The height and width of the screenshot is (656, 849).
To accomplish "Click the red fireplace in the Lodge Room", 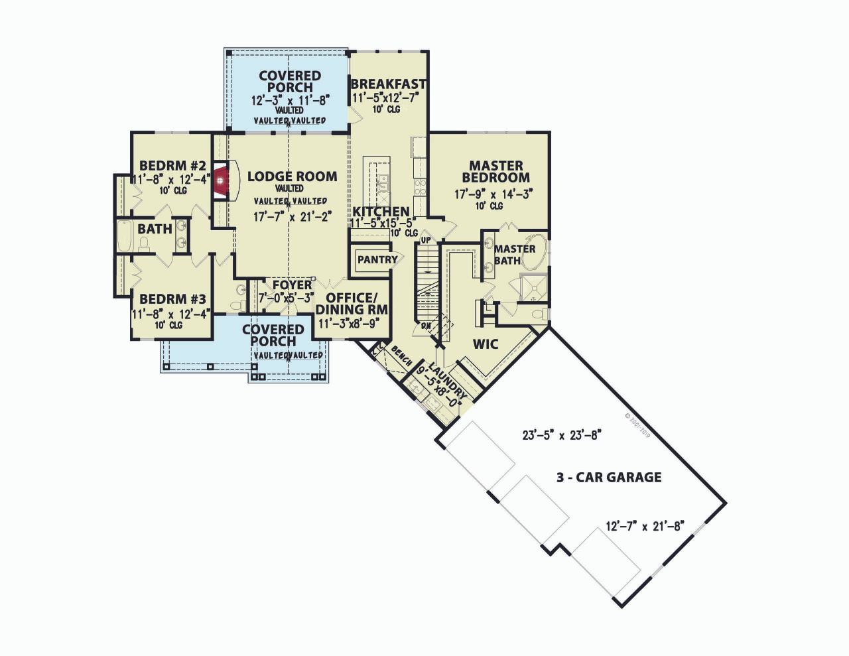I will point(222,179).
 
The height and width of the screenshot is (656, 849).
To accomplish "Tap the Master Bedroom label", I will point(496,172).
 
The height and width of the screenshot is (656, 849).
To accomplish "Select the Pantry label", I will point(377,260).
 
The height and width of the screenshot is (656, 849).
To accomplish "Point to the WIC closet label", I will point(485,344).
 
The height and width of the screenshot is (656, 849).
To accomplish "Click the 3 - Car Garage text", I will point(609,477).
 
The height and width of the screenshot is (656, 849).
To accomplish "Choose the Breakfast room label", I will point(388,84).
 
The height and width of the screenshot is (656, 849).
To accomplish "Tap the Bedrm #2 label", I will point(172,166).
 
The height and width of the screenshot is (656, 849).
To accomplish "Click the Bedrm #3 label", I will point(172,300).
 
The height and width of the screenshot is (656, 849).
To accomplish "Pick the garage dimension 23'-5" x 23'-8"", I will point(561,436).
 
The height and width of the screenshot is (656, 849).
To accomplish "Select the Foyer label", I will point(292,285).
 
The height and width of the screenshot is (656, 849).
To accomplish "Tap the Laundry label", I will point(448,381).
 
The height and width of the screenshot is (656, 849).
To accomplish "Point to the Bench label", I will point(402,355).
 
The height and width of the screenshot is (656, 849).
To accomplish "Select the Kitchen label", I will point(381,212).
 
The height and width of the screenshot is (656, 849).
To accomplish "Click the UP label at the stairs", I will point(426,239).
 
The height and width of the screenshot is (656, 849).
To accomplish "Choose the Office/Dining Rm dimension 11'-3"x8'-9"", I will point(349,324).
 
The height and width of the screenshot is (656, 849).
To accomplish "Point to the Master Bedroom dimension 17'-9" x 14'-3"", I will point(493,194).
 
